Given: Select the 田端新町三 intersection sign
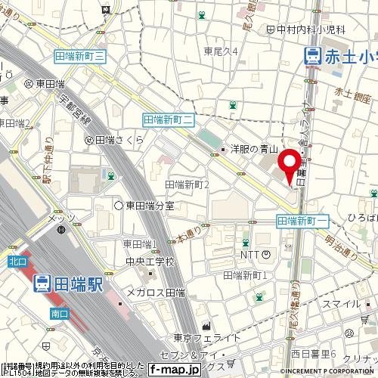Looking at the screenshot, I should coord(83,55).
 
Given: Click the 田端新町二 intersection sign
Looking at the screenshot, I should coord(169,119).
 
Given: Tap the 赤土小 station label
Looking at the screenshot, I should coord(339,55).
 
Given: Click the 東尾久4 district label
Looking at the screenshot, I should coord(221,51).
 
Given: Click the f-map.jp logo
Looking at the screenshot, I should coord(175,370).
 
